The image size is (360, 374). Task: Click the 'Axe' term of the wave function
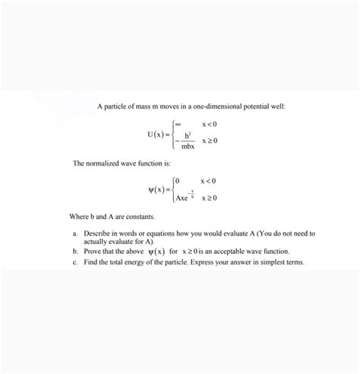(182, 198)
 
